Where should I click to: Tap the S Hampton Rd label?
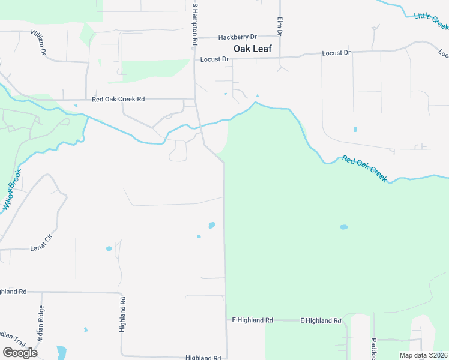point(194,25)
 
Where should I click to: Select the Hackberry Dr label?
point(237,37)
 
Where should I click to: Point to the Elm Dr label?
point(279,25)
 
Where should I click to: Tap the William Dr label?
point(40,44)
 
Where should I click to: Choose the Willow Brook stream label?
point(11,191)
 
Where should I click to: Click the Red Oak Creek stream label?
point(364,169)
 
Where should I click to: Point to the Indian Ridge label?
point(41,325)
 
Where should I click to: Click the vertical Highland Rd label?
point(122,315)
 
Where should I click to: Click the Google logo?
point(20,353)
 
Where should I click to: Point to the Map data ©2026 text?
point(423,355)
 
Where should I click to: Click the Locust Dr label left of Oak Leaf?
point(214,59)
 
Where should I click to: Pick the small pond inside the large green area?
point(343,227)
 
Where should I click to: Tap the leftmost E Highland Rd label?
point(252,320)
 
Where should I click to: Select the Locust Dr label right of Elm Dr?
point(336,53)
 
